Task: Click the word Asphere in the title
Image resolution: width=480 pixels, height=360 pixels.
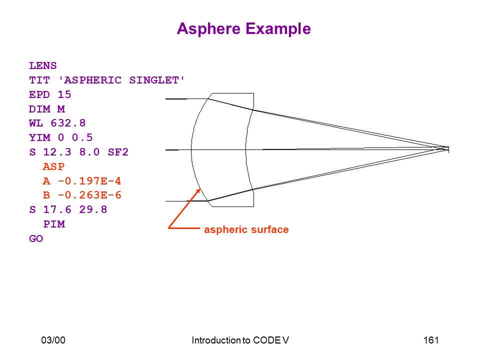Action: click(x=208, y=29)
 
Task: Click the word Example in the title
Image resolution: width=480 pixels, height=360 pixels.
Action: click(x=278, y=29)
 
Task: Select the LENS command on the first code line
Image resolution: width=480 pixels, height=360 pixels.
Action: click(x=43, y=66)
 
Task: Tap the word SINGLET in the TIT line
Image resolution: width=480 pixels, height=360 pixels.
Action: click(x=154, y=80)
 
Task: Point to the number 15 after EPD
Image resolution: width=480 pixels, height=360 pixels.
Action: click(x=64, y=94)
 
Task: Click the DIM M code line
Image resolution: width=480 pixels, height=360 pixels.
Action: click(x=47, y=109)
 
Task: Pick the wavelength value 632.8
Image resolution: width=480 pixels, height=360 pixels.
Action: click(x=68, y=123)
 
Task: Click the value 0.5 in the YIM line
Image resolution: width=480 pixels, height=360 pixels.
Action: click(x=82, y=137)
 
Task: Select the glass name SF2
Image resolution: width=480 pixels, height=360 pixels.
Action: click(x=118, y=152)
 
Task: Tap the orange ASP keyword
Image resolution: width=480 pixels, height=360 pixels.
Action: click(x=53, y=166)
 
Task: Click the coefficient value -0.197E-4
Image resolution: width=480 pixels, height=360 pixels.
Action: click(x=89, y=181)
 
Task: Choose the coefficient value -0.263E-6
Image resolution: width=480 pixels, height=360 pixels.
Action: click(x=89, y=195)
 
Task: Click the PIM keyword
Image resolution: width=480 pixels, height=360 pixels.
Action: click(x=54, y=224)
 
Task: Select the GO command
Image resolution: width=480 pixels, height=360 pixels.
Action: click(x=36, y=238)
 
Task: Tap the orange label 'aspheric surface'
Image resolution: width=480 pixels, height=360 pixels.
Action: click(x=246, y=229)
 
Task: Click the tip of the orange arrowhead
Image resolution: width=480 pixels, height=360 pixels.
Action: click(x=200, y=189)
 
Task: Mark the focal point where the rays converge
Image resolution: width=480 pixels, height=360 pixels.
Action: click(x=448, y=149)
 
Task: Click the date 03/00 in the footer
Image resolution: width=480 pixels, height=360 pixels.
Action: click(x=53, y=340)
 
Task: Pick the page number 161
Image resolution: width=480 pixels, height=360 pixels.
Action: click(x=431, y=340)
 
